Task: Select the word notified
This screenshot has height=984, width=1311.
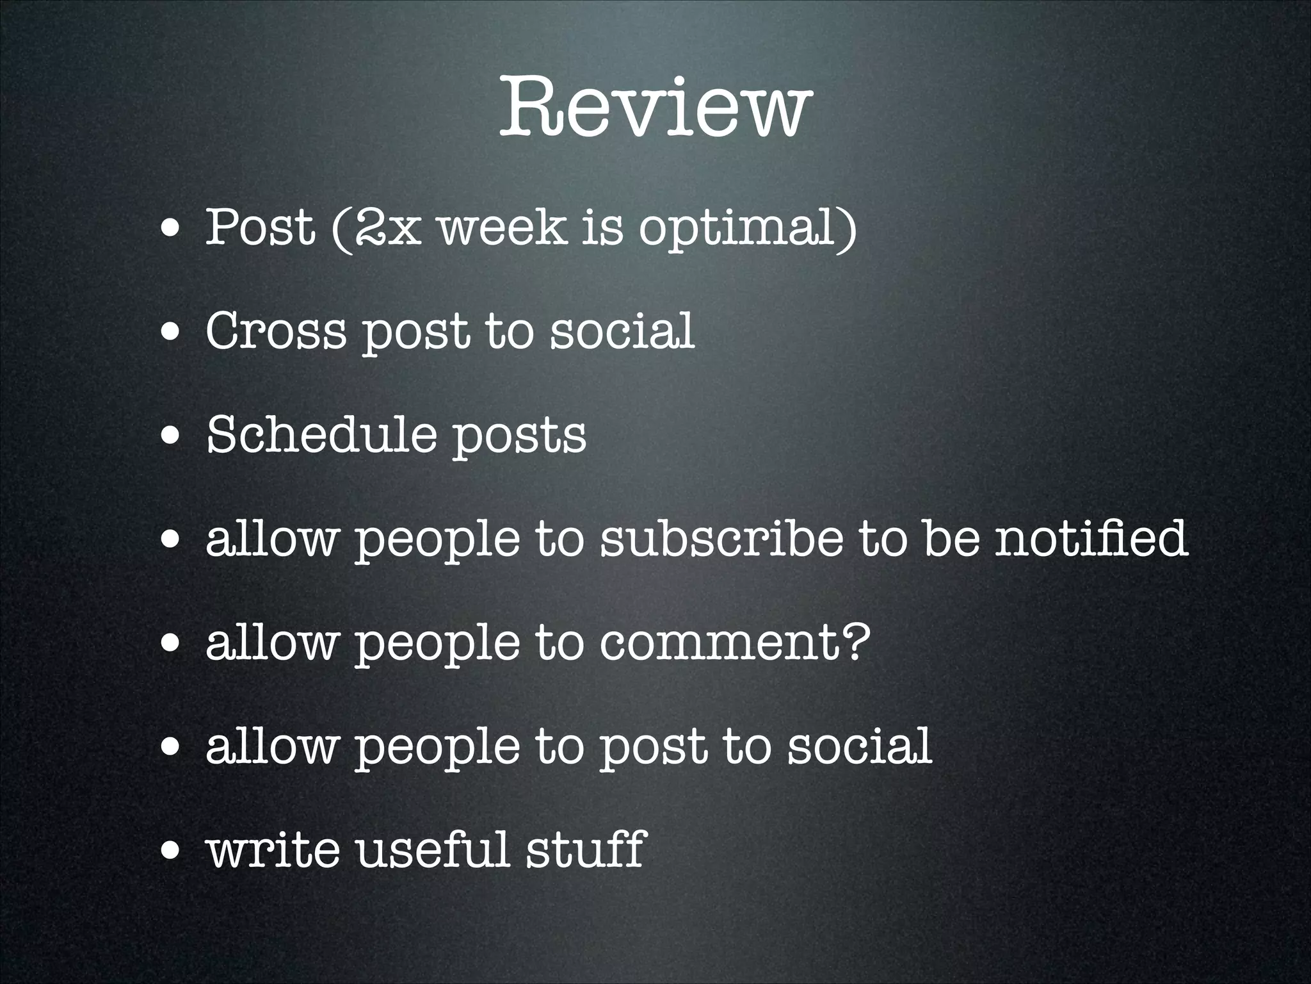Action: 1091,539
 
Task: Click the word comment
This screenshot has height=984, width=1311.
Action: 722,643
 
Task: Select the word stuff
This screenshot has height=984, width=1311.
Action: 585,849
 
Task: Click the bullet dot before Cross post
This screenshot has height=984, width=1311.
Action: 170,334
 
